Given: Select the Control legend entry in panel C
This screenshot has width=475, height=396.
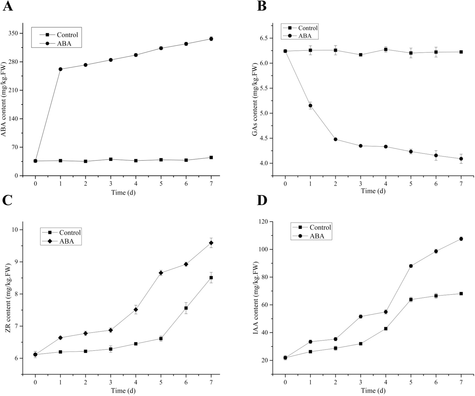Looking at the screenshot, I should coord(70,232).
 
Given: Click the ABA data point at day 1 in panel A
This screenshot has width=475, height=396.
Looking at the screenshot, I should coord(60,69).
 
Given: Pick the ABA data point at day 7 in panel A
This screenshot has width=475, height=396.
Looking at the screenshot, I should coord(211,39).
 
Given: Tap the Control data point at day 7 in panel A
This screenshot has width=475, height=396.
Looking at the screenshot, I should coord(211,157).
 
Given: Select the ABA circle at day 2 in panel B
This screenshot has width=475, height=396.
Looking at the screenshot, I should coord(335,139).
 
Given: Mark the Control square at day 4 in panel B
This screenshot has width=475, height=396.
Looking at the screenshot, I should coord(386,49).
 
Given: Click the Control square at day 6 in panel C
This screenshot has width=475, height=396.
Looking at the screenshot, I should coord(186,308).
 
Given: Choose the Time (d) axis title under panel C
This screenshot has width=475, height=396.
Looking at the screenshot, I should coord(123,391).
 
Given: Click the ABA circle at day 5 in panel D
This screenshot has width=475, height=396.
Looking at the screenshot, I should coord(411,266).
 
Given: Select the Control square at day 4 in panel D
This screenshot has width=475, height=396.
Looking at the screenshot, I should coord(386,329).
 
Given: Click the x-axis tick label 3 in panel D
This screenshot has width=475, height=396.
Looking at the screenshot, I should coord(361,383).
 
